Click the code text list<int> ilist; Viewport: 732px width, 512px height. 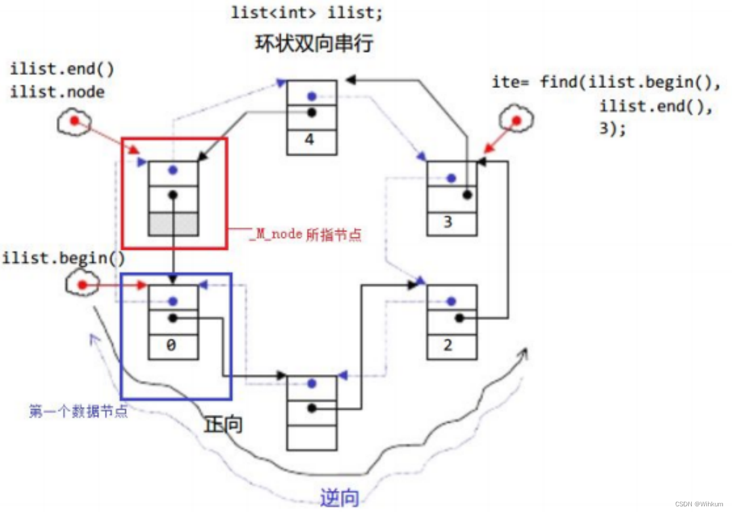(x=307, y=13)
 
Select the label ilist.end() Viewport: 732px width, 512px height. (x=62, y=70)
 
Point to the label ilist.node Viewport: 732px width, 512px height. (x=57, y=92)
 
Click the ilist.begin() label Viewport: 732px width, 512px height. (x=64, y=258)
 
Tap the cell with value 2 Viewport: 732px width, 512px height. (x=451, y=346)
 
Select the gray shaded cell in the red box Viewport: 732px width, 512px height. (x=173, y=224)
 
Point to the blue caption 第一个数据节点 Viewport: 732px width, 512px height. (x=78, y=411)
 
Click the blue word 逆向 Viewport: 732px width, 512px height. (x=339, y=498)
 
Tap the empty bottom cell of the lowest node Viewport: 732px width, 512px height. (x=312, y=437)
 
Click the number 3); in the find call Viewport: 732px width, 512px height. (x=612, y=129)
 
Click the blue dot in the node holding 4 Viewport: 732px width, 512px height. (x=312, y=96)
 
